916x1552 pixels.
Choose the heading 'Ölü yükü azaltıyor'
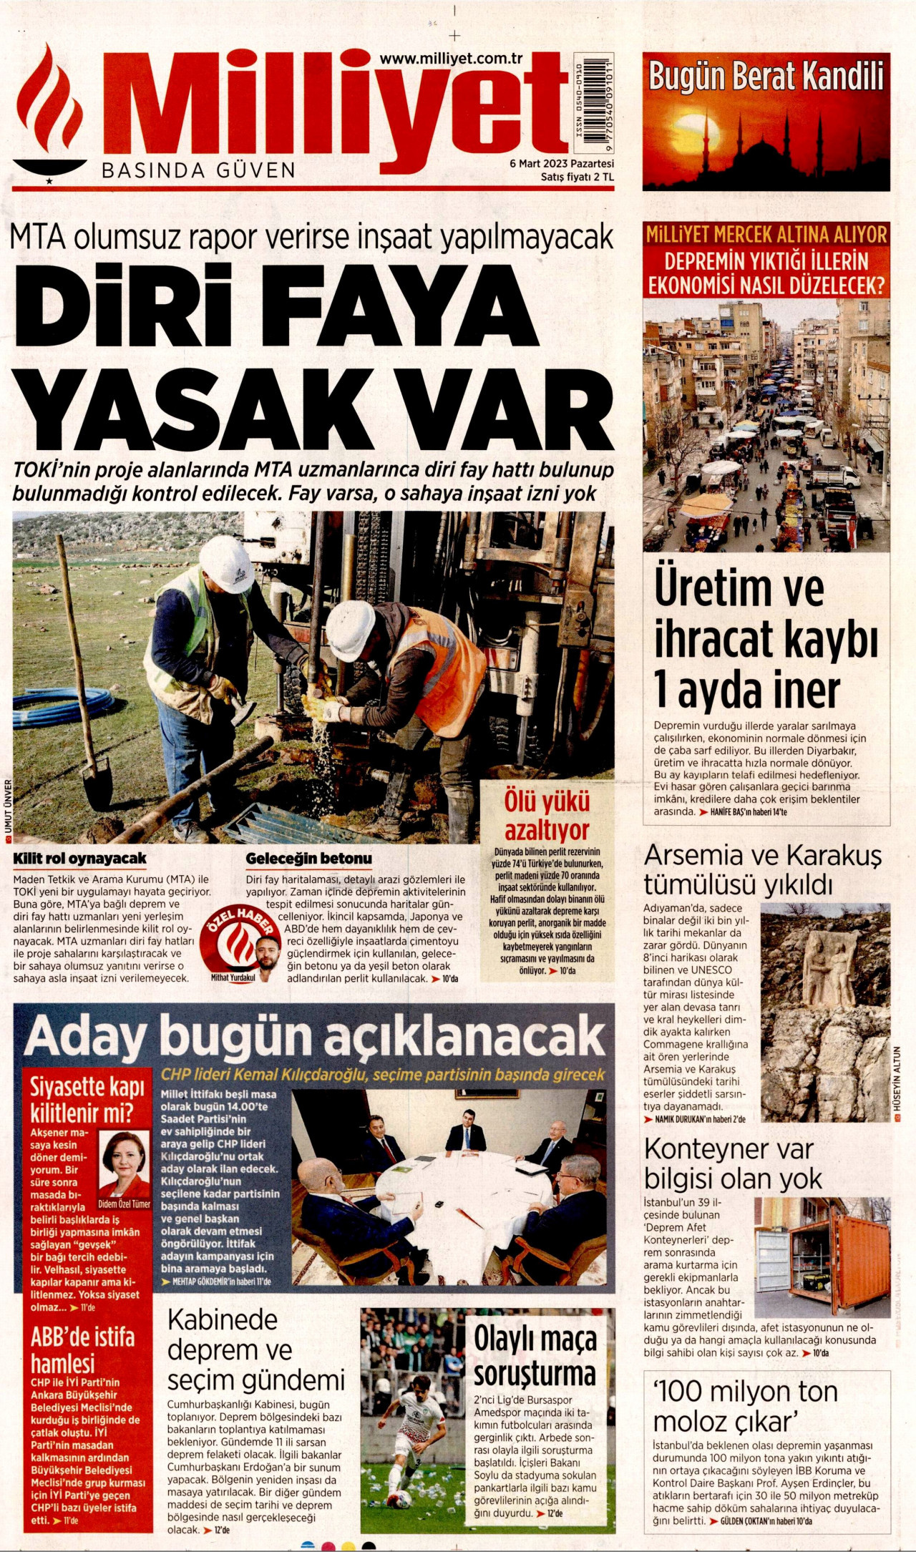click(x=547, y=816)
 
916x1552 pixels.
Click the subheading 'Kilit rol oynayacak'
click(x=79, y=858)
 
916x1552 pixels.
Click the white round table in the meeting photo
click(x=458, y=1184)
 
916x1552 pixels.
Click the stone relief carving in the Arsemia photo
click(x=829, y=973)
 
